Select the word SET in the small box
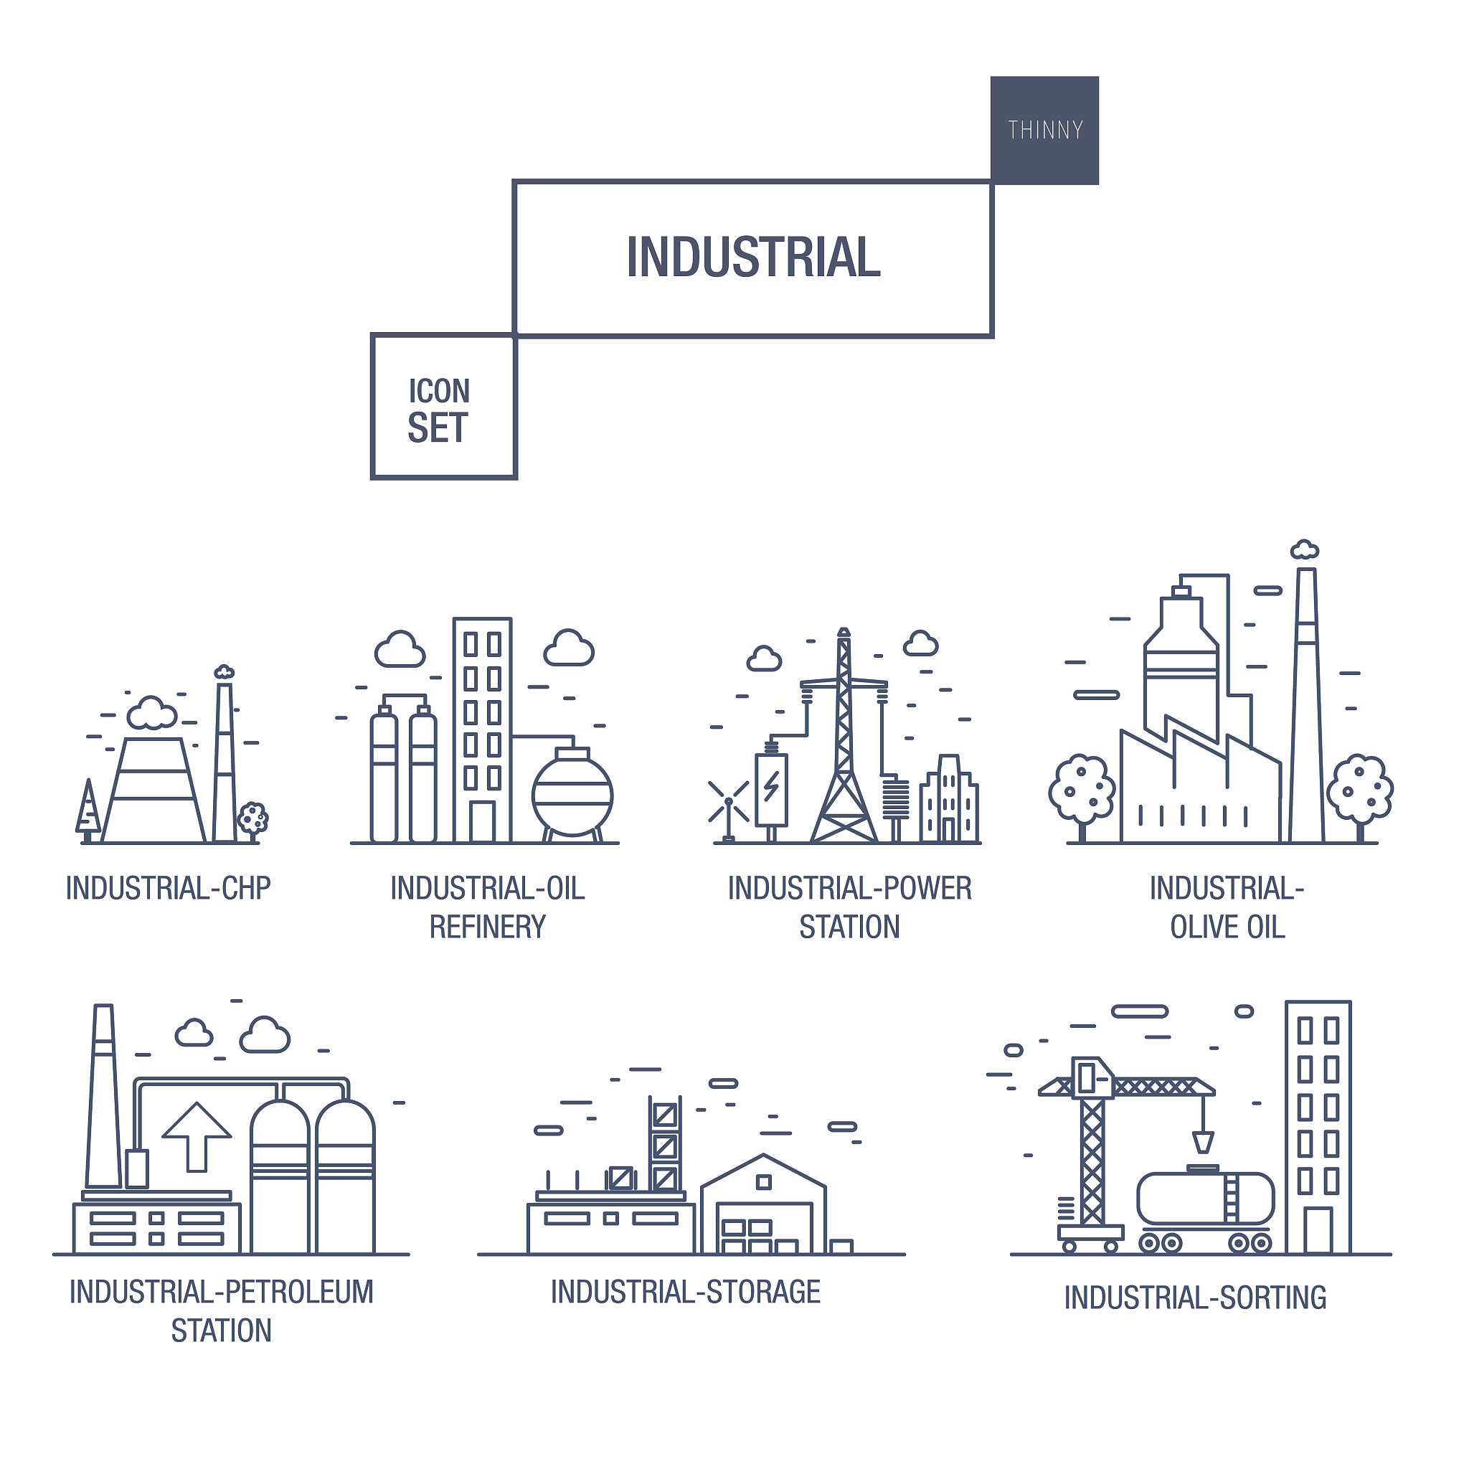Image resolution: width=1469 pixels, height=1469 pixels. [x=438, y=428]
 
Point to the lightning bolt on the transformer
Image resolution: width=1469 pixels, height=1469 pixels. [x=771, y=786]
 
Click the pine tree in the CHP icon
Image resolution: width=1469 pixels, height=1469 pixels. [x=88, y=811]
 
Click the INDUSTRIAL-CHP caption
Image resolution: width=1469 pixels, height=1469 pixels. [x=168, y=888]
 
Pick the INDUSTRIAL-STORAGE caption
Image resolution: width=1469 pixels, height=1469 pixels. [x=685, y=1292]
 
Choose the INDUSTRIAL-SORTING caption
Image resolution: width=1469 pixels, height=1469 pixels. [x=1194, y=1297]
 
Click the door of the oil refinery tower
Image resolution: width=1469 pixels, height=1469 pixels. [x=482, y=822]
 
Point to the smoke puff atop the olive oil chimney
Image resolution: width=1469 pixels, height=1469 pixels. [x=1305, y=549]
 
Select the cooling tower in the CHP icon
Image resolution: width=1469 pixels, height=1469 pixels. [x=153, y=790]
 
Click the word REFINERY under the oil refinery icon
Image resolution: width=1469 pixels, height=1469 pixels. [x=487, y=927]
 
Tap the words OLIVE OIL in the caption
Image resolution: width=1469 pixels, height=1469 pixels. [x=1227, y=927]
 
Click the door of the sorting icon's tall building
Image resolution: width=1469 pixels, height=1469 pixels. [x=1318, y=1230]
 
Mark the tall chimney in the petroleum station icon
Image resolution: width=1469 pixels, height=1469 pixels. [x=103, y=1096]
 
